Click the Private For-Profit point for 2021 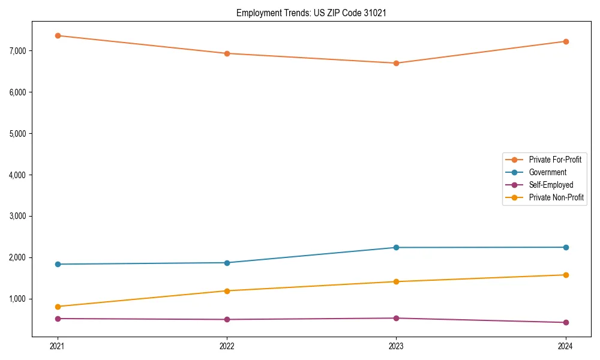pyautogui.click(x=58, y=35)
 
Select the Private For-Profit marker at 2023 pyautogui.click(x=396, y=63)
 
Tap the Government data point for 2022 pyautogui.click(x=227, y=263)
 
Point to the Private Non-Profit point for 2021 pyautogui.click(x=58, y=307)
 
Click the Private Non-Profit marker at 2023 pyautogui.click(x=396, y=281)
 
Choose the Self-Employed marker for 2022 pyautogui.click(x=227, y=319)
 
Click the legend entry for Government pyautogui.click(x=547, y=172)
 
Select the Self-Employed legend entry pyautogui.click(x=551, y=185)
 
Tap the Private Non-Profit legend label pyautogui.click(x=556, y=197)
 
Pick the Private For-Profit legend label pyautogui.click(x=555, y=160)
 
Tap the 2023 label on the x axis pyautogui.click(x=396, y=346)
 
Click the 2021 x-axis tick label pyautogui.click(x=58, y=346)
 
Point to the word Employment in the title pyautogui.click(x=257, y=13)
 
